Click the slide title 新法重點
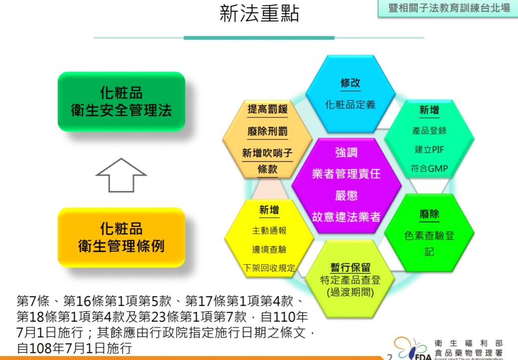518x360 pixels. pyautogui.click(x=260, y=14)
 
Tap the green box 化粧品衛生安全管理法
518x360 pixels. pyautogui.click(x=121, y=102)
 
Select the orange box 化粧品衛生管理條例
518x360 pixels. pyautogui.click(x=121, y=237)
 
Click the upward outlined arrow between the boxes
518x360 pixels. pyautogui.click(x=121, y=175)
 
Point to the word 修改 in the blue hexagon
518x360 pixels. pyautogui.click(x=350, y=82)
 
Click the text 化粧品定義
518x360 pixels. pyautogui.click(x=350, y=105)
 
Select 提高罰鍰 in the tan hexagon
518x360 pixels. pyautogui.click(x=268, y=109)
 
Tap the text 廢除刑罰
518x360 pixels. pyautogui.click(x=268, y=131)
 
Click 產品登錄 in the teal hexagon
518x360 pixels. pyautogui.click(x=429, y=130)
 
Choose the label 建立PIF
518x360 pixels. pyautogui.click(x=429, y=149)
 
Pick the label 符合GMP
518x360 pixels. pyautogui.click(x=429, y=168)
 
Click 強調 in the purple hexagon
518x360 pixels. pyautogui.click(x=346, y=152)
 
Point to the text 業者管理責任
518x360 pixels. pyautogui.click(x=346, y=174)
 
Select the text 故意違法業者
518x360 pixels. pyautogui.click(x=346, y=217)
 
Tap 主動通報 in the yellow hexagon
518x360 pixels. pyautogui.click(x=269, y=230)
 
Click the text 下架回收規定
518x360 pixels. pyautogui.click(x=269, y=267)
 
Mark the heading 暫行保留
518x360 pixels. pyautogui.click(x=350, y=267)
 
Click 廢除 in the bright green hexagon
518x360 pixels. pyautogui.click(x=429, y=214)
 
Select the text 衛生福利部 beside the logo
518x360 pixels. pyautogui.click(x=468, y=343)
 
